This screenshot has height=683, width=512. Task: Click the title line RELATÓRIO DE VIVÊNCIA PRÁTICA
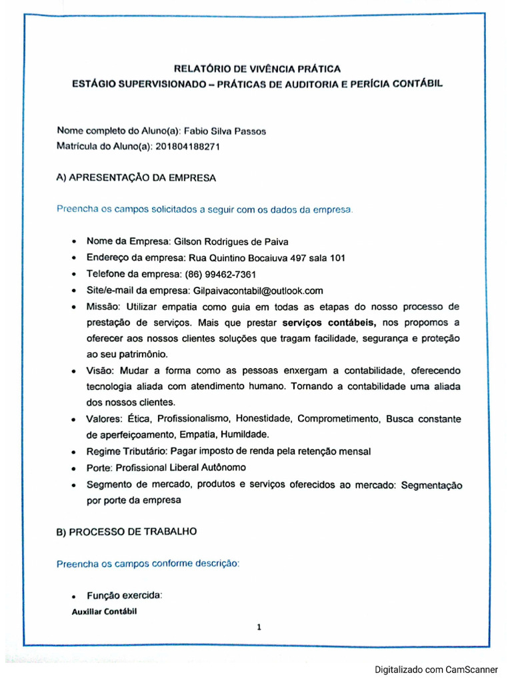click(x=257, y=68)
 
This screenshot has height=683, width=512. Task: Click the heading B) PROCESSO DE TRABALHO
click(x=126, y=532)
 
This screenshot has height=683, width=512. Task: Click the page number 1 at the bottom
click(x=259, y=626)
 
